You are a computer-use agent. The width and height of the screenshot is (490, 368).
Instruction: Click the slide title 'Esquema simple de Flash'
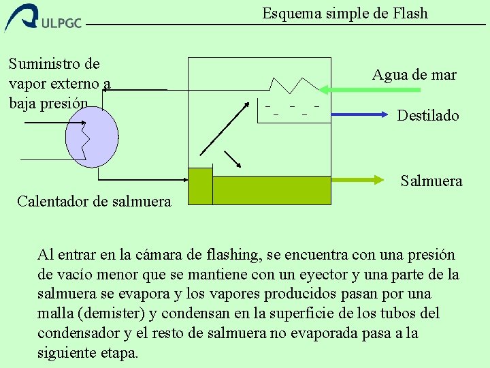(x=345, y=13)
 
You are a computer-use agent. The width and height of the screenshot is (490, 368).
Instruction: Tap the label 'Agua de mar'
(x=414, y=75)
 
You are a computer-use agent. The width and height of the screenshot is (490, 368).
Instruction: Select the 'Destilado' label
(x=428, y=115)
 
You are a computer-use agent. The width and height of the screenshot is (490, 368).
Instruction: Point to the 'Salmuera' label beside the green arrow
(x=431, y=181)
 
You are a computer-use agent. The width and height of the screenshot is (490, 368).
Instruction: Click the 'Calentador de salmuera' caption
(x=94, y=200)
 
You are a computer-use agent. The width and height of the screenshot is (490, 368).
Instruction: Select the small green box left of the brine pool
(x=199, y=186)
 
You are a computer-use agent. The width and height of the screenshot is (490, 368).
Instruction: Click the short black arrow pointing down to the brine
(x=233, y=158)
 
